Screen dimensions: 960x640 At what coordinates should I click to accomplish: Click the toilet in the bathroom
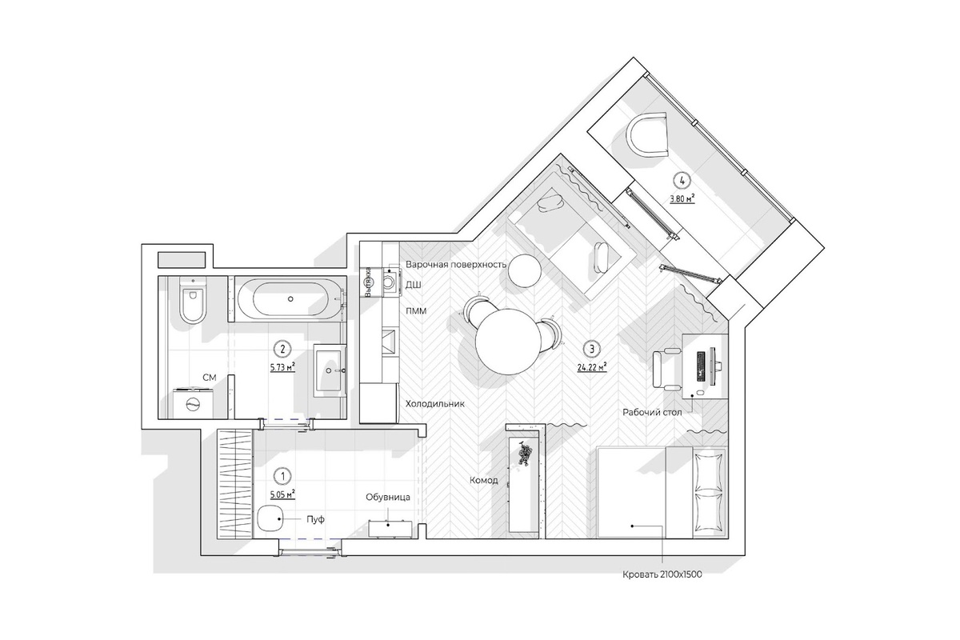pyautogui.click(x=193, y=299)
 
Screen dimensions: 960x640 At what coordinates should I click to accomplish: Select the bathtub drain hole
pyautogui.click(x=290, y=298)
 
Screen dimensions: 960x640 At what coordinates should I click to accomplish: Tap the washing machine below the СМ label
pyautogui.click(x=193, y=403)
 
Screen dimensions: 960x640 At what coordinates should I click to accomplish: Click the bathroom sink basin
pyautogui.click(x=330, y=370)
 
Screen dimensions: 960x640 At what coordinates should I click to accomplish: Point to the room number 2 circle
pyautogui.click(x=282, y=349)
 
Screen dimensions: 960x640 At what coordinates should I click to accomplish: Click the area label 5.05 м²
pyautogui.click(x=282, y=494)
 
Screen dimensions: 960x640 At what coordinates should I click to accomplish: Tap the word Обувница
pyautogui.click(x=388, y=498)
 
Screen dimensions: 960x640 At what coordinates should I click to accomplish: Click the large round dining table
pyautogui.click(x=507, y=342)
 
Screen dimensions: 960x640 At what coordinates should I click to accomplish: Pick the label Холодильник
pyautogui.click(x=435, y=403)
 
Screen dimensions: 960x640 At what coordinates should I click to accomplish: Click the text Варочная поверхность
pyautogui.click(x=456, y=264)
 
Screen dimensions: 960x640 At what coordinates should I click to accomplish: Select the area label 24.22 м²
pyautogui.click(x=592, y=367)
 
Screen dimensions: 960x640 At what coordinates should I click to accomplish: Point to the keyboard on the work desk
pyautogui.click(x=701, y=366)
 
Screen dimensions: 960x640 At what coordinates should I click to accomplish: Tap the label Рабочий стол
pyautogui.click(x=652, y=412)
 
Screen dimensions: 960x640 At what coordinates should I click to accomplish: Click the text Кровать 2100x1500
pyautogui.click(x=662, y=575)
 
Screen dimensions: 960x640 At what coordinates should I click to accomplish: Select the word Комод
pyautogui.click(x=484, y=481)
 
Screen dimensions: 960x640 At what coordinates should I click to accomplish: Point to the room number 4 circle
pyautogui.click(x=682, y=181)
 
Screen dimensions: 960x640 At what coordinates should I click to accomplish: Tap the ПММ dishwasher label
pyautogui.click(x=416, y=310)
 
